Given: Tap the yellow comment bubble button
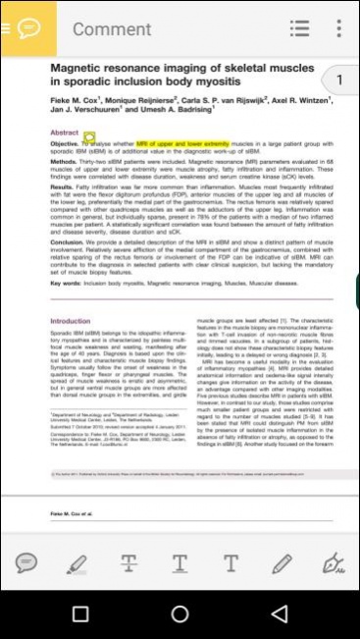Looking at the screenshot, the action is click(x=28, y=27).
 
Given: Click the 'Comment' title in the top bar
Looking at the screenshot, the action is click(x=112, y=29).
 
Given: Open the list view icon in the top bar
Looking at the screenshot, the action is click(x=299, y=28).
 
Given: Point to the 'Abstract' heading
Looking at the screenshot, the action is click(x=64, y=132).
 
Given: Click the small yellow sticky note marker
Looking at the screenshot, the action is click(x=89, y=138).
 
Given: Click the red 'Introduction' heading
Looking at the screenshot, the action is click(x=70, y=321).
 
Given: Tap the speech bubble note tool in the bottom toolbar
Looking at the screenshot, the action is click(x=26, y=562).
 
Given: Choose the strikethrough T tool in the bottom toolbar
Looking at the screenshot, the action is click(x=129, y=562).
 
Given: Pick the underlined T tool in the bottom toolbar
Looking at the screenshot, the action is click(x=180, y=562).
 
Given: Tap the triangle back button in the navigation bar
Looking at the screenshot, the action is click(x=280, y=614).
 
